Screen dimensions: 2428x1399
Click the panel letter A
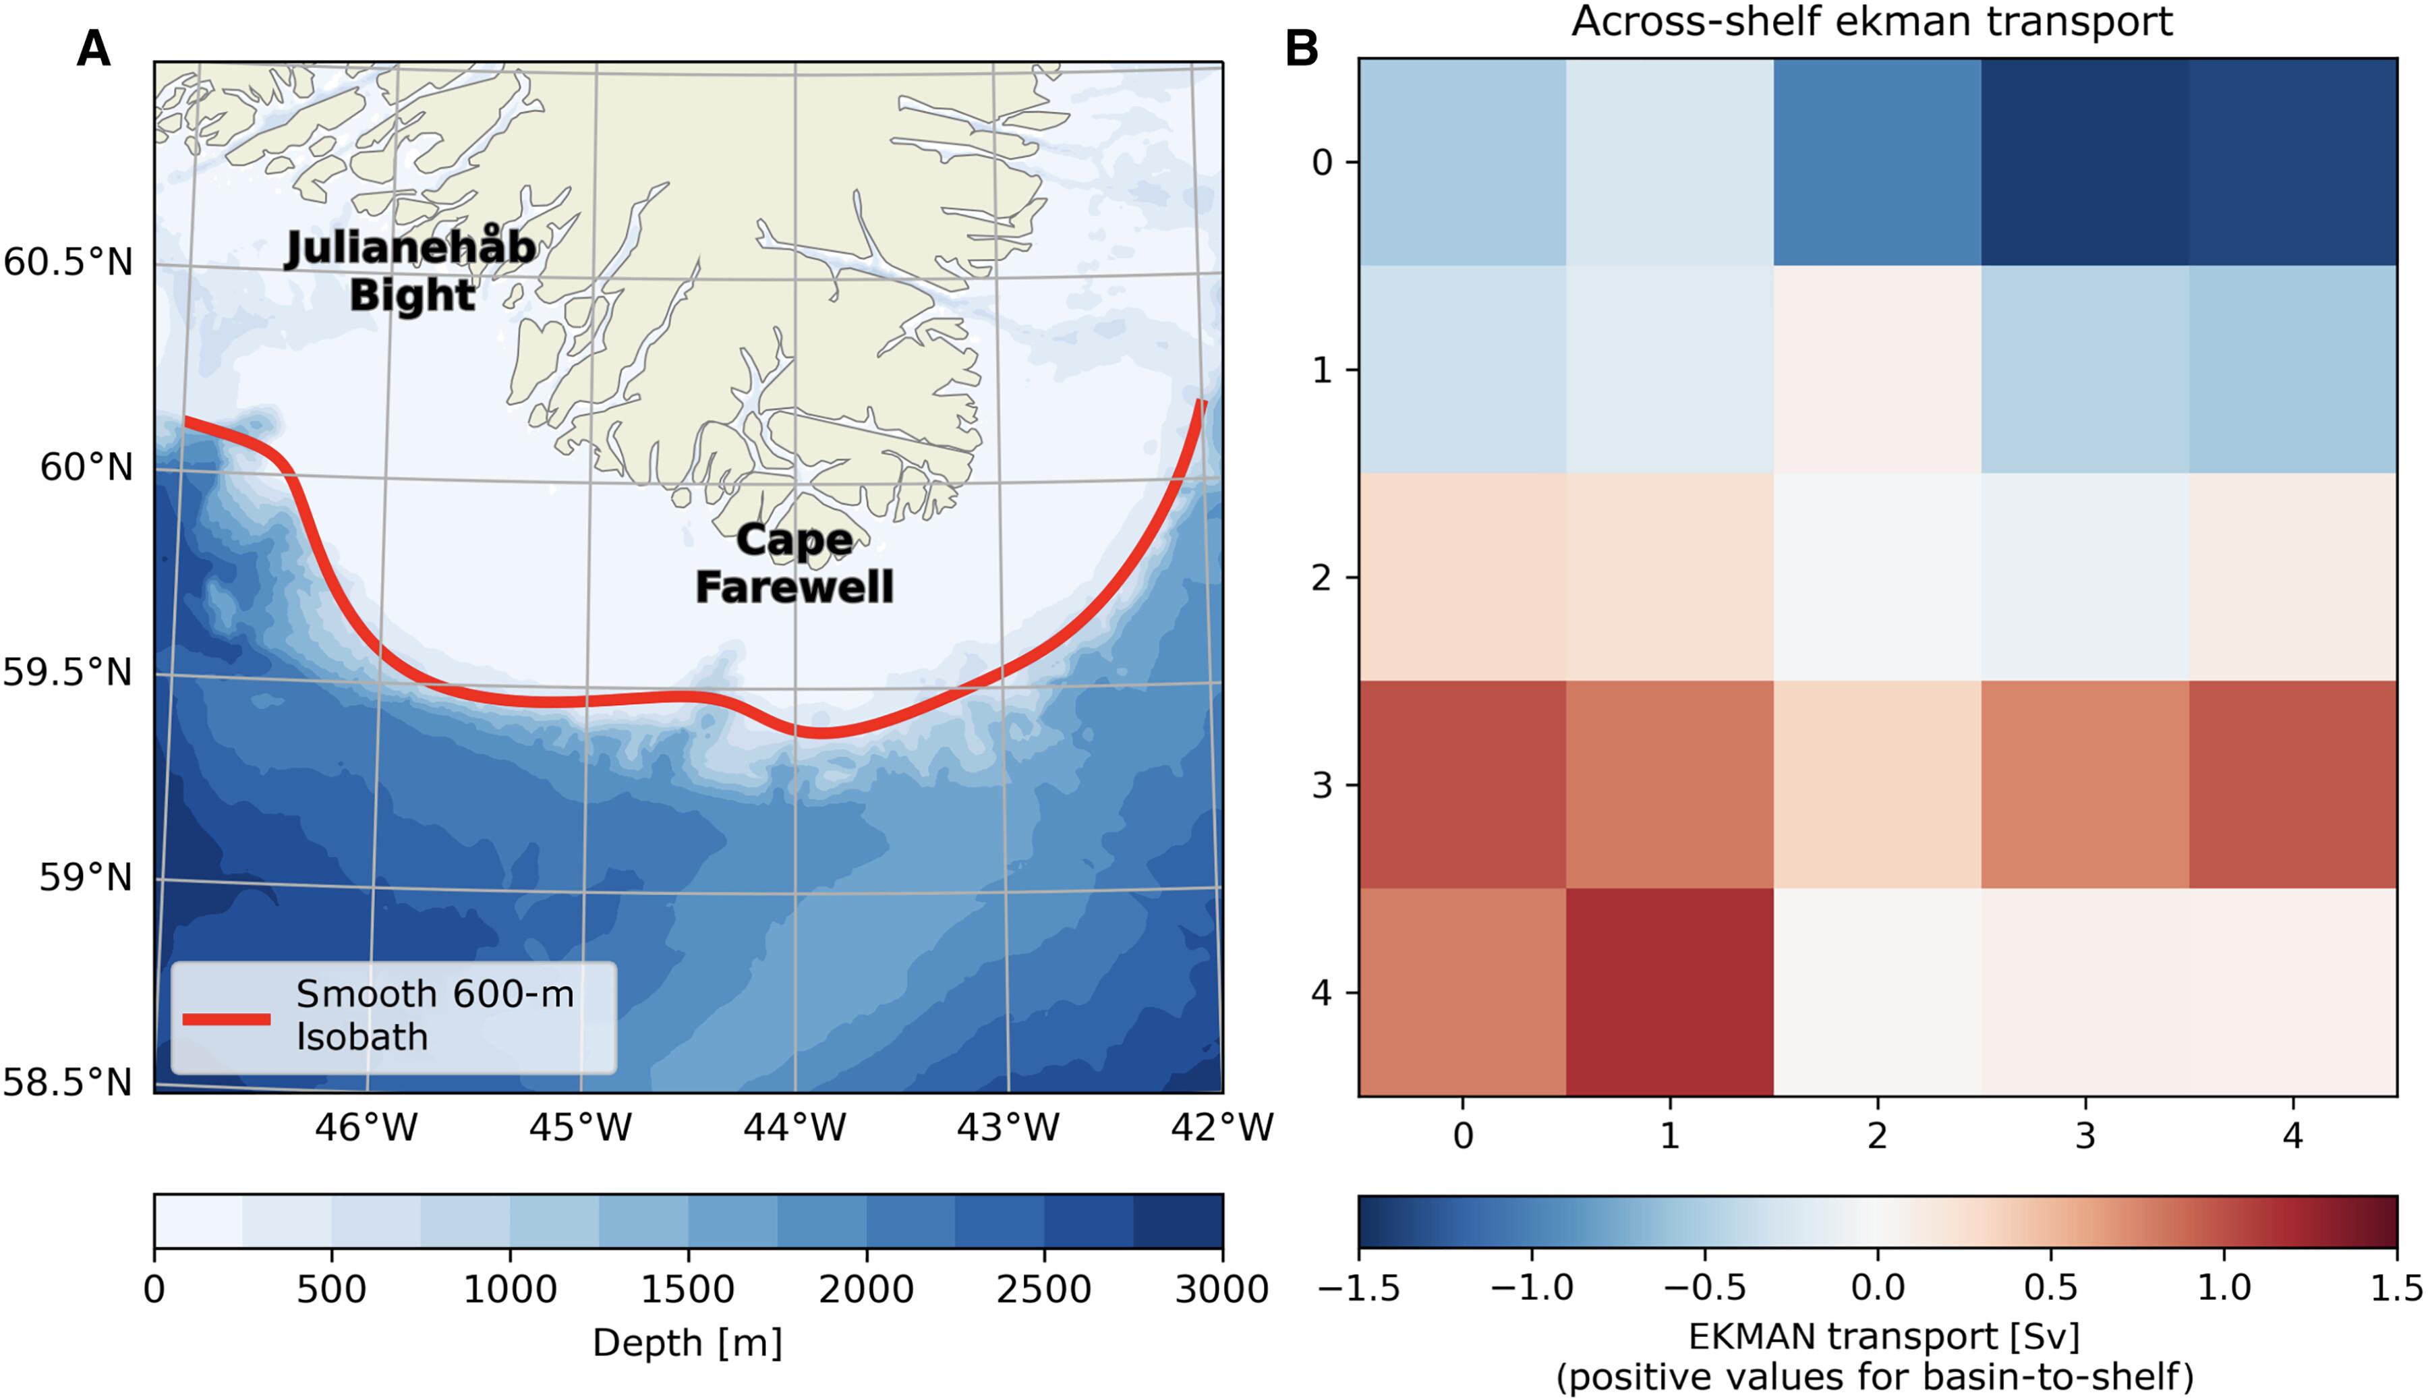click(93, 47)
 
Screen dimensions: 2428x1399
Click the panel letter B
click(1302, 47)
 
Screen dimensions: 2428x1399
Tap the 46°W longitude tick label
click(366, 1127)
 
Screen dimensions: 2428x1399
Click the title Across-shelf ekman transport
click(1872, 21)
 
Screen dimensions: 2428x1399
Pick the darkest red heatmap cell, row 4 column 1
click(1670, 992)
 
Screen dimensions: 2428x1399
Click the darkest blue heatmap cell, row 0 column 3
click(2085, 161)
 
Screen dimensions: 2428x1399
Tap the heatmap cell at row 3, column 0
click(1463, 784)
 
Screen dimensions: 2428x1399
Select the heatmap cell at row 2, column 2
click(1878, 577)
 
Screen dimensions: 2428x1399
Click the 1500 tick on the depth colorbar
click(688, 1288)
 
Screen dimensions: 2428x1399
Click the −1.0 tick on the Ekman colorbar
click(1532, 1288)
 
